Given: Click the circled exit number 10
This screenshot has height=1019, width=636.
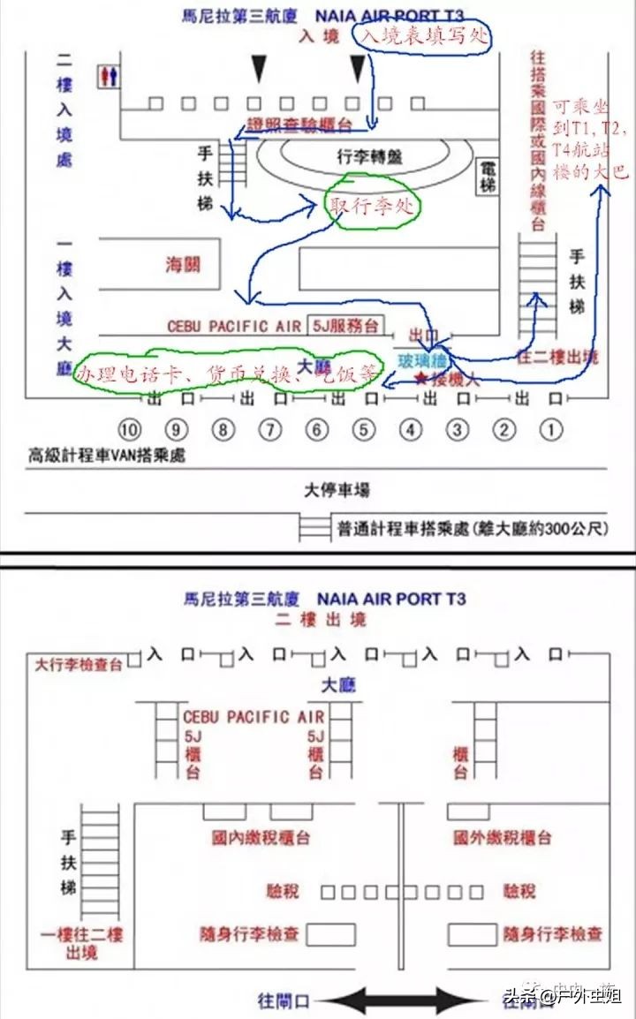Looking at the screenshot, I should tap(131, 430).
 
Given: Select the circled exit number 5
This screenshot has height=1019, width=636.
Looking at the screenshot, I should tap(363, 430).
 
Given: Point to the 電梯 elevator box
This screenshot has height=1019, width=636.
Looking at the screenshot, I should tap(488, 177).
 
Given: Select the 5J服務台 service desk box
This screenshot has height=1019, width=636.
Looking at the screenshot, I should tap(344, 326).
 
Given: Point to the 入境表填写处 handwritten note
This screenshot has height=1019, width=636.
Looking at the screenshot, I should tap(422, 37).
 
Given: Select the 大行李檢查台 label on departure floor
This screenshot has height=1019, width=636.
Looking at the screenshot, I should tap(79, 664).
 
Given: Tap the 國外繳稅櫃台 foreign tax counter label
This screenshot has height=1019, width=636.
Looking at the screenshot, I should tap(502, 837).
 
